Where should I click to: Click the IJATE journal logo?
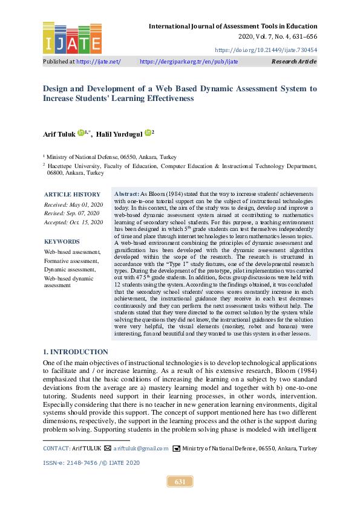point(72,37)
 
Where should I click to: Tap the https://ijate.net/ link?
point(98,62)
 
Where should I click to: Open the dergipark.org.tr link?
point(189,62)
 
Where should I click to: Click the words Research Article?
point(294,62)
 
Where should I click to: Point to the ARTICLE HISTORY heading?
point(72,194)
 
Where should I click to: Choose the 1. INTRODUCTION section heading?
point(76,352)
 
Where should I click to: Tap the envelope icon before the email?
point(107,449)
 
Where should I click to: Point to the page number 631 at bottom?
point(180,482)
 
